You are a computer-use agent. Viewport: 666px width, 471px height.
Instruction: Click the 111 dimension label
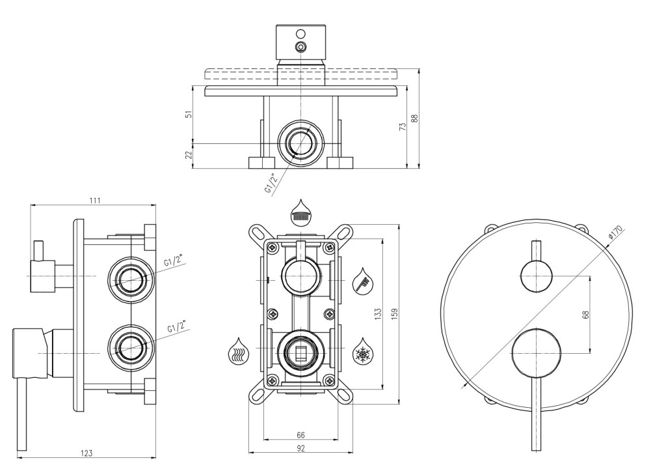[95, 201]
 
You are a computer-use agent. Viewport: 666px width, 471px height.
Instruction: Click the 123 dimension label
[87, 453]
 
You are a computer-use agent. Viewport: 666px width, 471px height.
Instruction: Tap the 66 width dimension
[300, 435]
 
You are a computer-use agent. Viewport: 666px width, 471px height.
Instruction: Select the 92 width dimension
[300, 448]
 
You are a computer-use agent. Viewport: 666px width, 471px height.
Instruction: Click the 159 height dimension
[394, 315]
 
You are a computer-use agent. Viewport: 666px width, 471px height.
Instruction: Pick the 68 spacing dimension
[586, 315]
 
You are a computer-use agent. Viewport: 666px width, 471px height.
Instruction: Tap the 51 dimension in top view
[189, 113]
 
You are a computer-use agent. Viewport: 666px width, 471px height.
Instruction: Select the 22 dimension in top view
[189, 154]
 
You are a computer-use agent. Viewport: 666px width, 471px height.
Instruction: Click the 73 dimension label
[403, 126]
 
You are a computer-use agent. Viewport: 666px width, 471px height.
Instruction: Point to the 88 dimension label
[415, 118]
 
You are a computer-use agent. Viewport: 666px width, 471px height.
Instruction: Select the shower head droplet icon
[300, 212]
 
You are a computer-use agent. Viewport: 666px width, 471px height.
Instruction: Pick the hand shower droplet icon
[364, 280]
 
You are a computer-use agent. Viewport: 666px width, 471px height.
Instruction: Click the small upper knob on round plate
[536, 277]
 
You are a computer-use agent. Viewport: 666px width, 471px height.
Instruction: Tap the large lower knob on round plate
[536, 353]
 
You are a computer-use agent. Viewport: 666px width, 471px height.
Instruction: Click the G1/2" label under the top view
[273, 183]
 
